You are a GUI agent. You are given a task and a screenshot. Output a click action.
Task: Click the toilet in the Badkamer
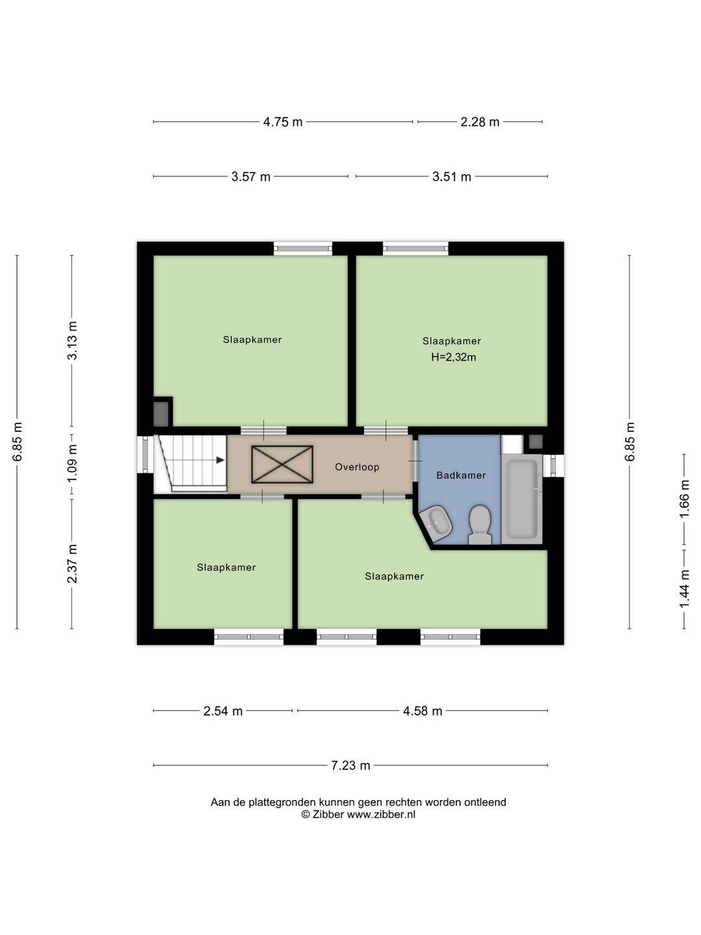480,525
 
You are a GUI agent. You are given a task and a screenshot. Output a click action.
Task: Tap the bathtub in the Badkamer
521,499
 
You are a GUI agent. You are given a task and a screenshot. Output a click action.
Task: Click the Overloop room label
357,467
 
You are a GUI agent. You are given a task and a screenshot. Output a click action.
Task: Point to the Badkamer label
461,475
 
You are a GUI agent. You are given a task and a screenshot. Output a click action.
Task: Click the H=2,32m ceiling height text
453,357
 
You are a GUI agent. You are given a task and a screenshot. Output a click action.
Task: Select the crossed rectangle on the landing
282,464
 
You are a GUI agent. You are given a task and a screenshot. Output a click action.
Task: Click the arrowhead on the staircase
220,460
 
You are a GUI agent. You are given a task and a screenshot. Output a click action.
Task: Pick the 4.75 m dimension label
282,122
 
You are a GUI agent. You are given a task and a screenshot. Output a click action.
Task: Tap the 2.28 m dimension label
480,122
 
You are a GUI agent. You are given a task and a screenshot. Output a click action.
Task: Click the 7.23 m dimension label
350,766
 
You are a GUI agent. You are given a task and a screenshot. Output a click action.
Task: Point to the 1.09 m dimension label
72,463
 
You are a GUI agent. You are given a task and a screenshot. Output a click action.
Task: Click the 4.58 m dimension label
423,711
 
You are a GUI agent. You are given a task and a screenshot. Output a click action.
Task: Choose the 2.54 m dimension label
223,711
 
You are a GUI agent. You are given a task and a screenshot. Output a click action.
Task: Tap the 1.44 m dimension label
684,590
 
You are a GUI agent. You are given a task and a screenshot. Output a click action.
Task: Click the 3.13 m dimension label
72,340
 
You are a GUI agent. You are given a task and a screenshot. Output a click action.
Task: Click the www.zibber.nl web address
381,814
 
